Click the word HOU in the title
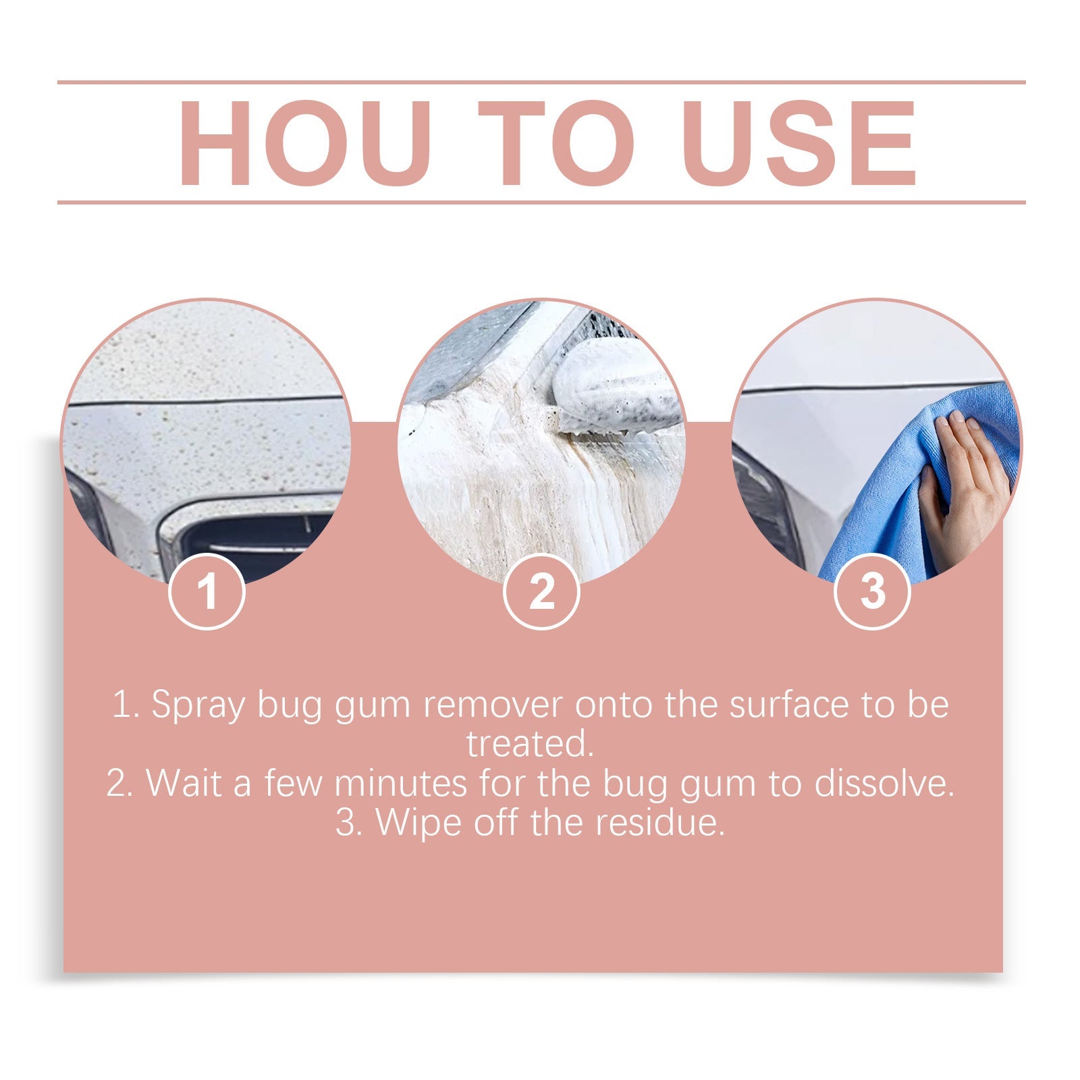pyautogui.click(x=304, y=143)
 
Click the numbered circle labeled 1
pyautogui.click(x=207, y=591)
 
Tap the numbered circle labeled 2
pyautogui.click(x=541, y=591)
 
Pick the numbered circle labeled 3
pyautogui.click(x=872, y=591)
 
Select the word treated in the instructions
pyautogui.click(x=530, y=744)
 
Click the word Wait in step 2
pyautogui.click(x=184, y=784)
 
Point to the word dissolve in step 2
pyautogui.click(x=884, y=784)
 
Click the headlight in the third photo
pyautogui.click(x=766, y=506)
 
